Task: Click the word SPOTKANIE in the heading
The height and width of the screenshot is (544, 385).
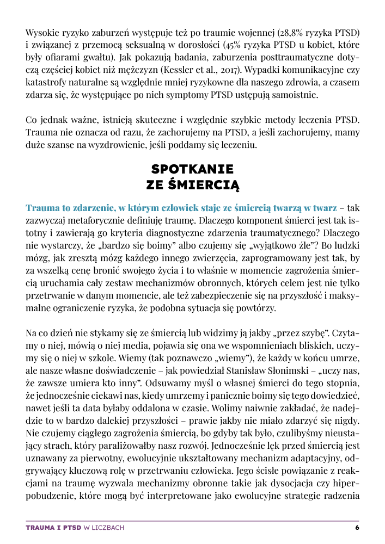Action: pyautogui.click(x=193, y=169)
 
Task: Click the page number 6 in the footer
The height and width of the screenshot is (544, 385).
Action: pyautogui.click(x=357, y=528)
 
